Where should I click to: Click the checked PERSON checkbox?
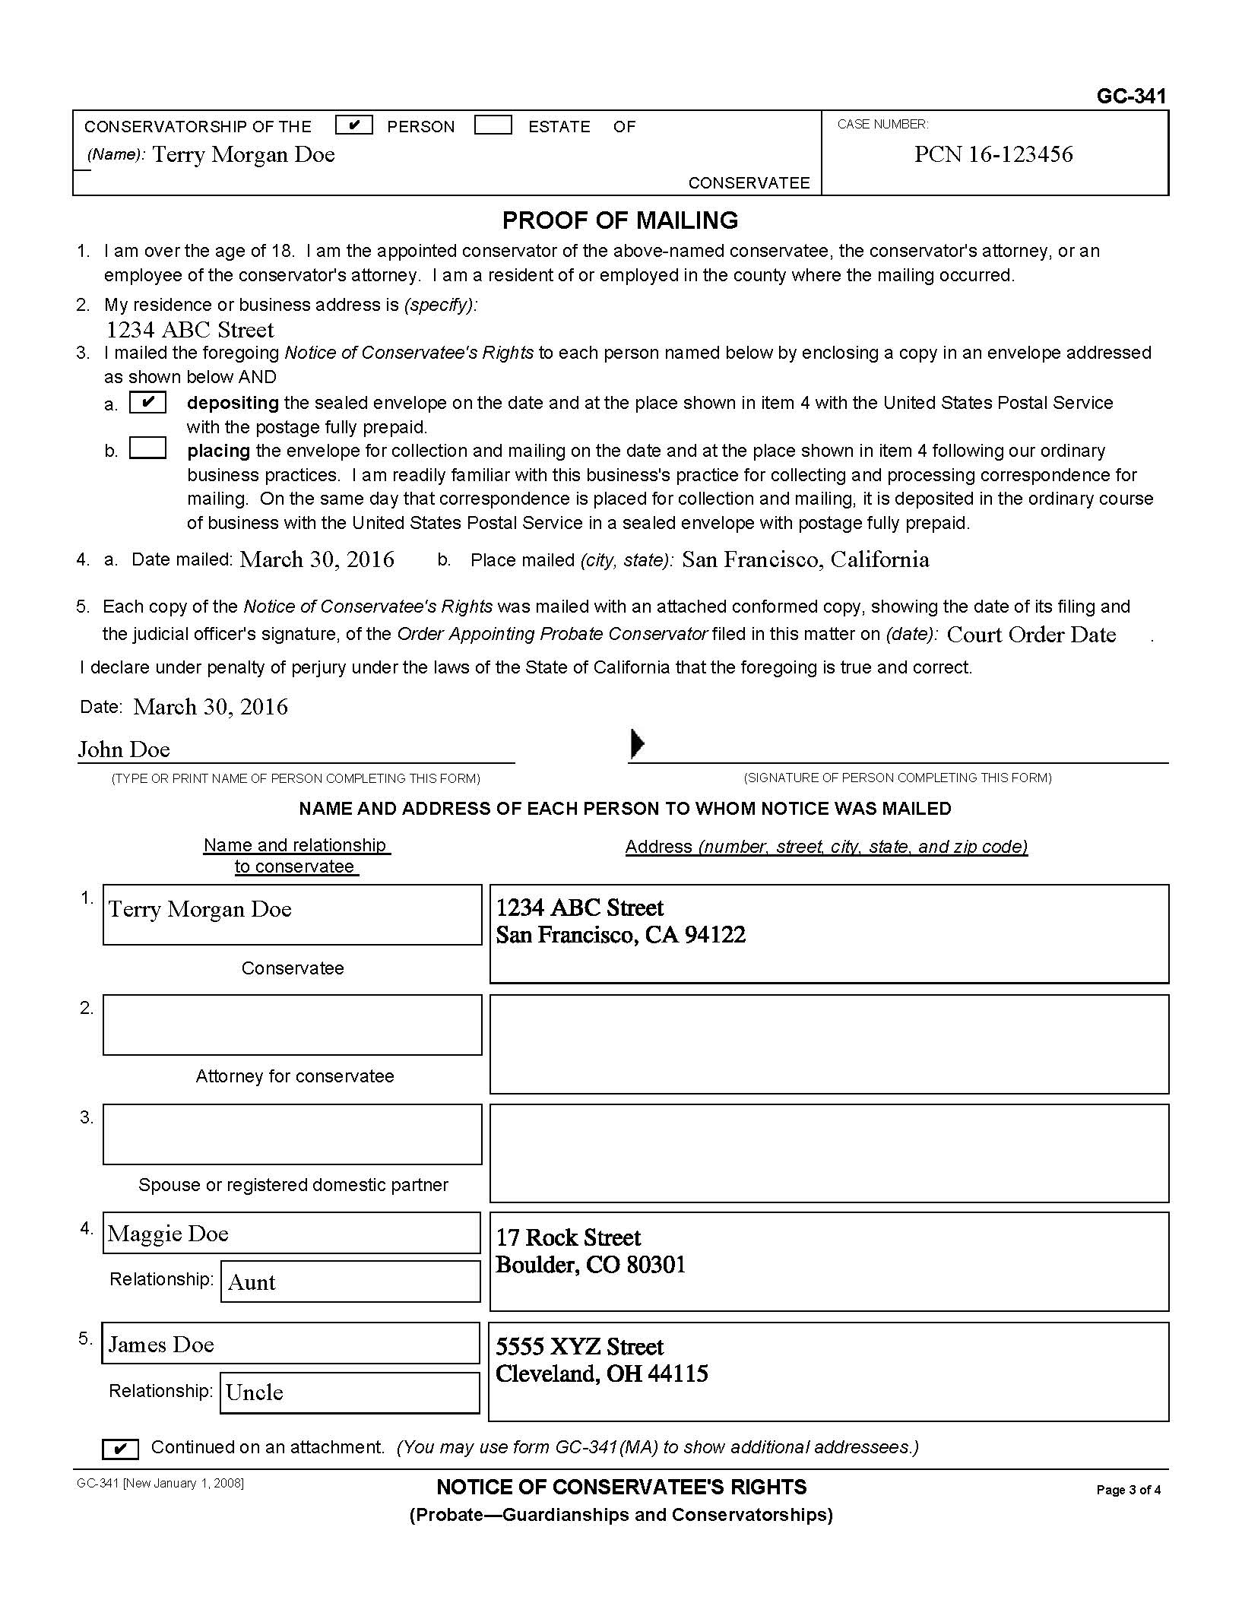point(353,125)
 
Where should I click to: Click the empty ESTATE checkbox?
point(493,125)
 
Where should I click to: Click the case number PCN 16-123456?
point(993,154)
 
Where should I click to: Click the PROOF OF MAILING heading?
point(619,220)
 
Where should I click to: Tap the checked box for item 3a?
point(147,402)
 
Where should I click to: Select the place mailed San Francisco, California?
point(805,559)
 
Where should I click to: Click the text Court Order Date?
point(1031,635)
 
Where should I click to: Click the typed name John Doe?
point(124,749)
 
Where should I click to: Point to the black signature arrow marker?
point(637,743)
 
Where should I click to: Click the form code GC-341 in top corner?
point(1130,96)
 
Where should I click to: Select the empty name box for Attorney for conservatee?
point(293,1025)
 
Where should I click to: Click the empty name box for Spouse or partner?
point(293,1134)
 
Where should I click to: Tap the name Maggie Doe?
point(168,1234)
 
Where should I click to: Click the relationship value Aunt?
point(252,1282)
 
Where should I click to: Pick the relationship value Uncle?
point(255,1392)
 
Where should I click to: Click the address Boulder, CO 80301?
point(591,1265)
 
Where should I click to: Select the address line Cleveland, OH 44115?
point(601,1373)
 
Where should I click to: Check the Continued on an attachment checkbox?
point(120,1449)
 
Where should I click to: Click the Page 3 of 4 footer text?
point(1128,1490)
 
